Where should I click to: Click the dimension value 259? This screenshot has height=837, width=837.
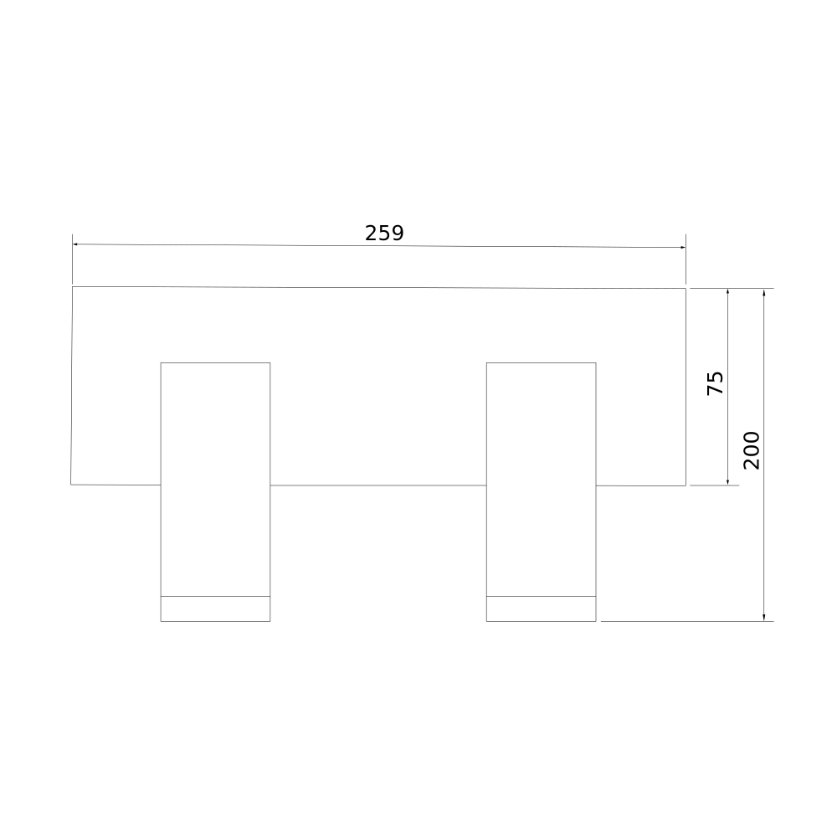tap(384, 234)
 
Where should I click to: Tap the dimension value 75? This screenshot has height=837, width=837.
tap(715, 383)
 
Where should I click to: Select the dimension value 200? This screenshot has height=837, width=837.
tap(752, 450)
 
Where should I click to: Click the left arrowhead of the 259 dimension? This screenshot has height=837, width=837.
tap(75, 244)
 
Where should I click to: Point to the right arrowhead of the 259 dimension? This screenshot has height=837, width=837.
tap(683, 247)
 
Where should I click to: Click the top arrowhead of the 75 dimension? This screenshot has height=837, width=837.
tap(727, 292)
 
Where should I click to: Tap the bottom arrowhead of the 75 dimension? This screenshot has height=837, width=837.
tap(727, 482)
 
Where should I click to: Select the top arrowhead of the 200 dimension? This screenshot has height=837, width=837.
tap(764, 292)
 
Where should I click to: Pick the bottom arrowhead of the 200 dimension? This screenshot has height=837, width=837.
tap(764, 618)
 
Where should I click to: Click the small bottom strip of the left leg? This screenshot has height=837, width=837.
tap(215, 608)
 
